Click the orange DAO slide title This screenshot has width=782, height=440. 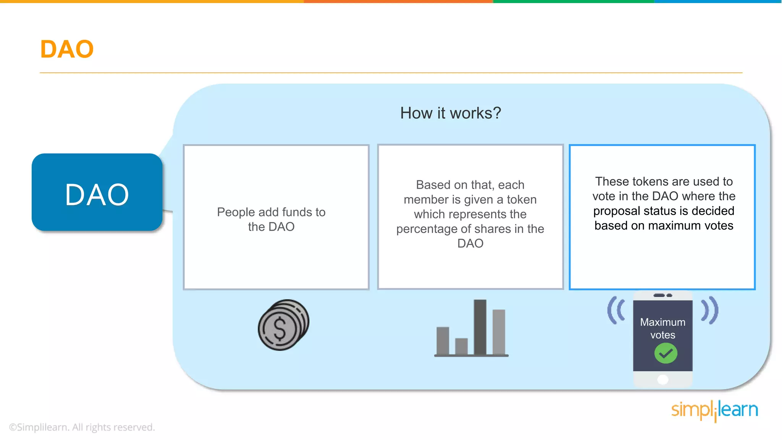pos(67,49)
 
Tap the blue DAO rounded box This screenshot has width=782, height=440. pos(97,193)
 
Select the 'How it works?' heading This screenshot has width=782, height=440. pos(451,113)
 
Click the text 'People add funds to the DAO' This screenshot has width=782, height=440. pos(271,219)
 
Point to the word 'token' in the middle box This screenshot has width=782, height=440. pos(522,199)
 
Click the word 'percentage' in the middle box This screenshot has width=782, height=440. pos(427,229)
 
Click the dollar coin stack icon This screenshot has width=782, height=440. pos(283,325)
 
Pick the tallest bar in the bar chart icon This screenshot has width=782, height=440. pos(480,327)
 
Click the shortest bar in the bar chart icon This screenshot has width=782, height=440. pos(461,346)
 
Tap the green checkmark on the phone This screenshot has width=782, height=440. pos(666,353)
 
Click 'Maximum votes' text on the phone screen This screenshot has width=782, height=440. pos(663,328)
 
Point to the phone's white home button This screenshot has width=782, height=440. pos(663,379)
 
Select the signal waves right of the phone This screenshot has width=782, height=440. pos(710,310)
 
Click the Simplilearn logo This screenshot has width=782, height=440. pos(714,411)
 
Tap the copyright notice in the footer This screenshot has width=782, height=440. pos(82,427)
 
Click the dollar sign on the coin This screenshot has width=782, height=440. pos(280,329)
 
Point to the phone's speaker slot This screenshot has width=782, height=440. pos(662,295)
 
